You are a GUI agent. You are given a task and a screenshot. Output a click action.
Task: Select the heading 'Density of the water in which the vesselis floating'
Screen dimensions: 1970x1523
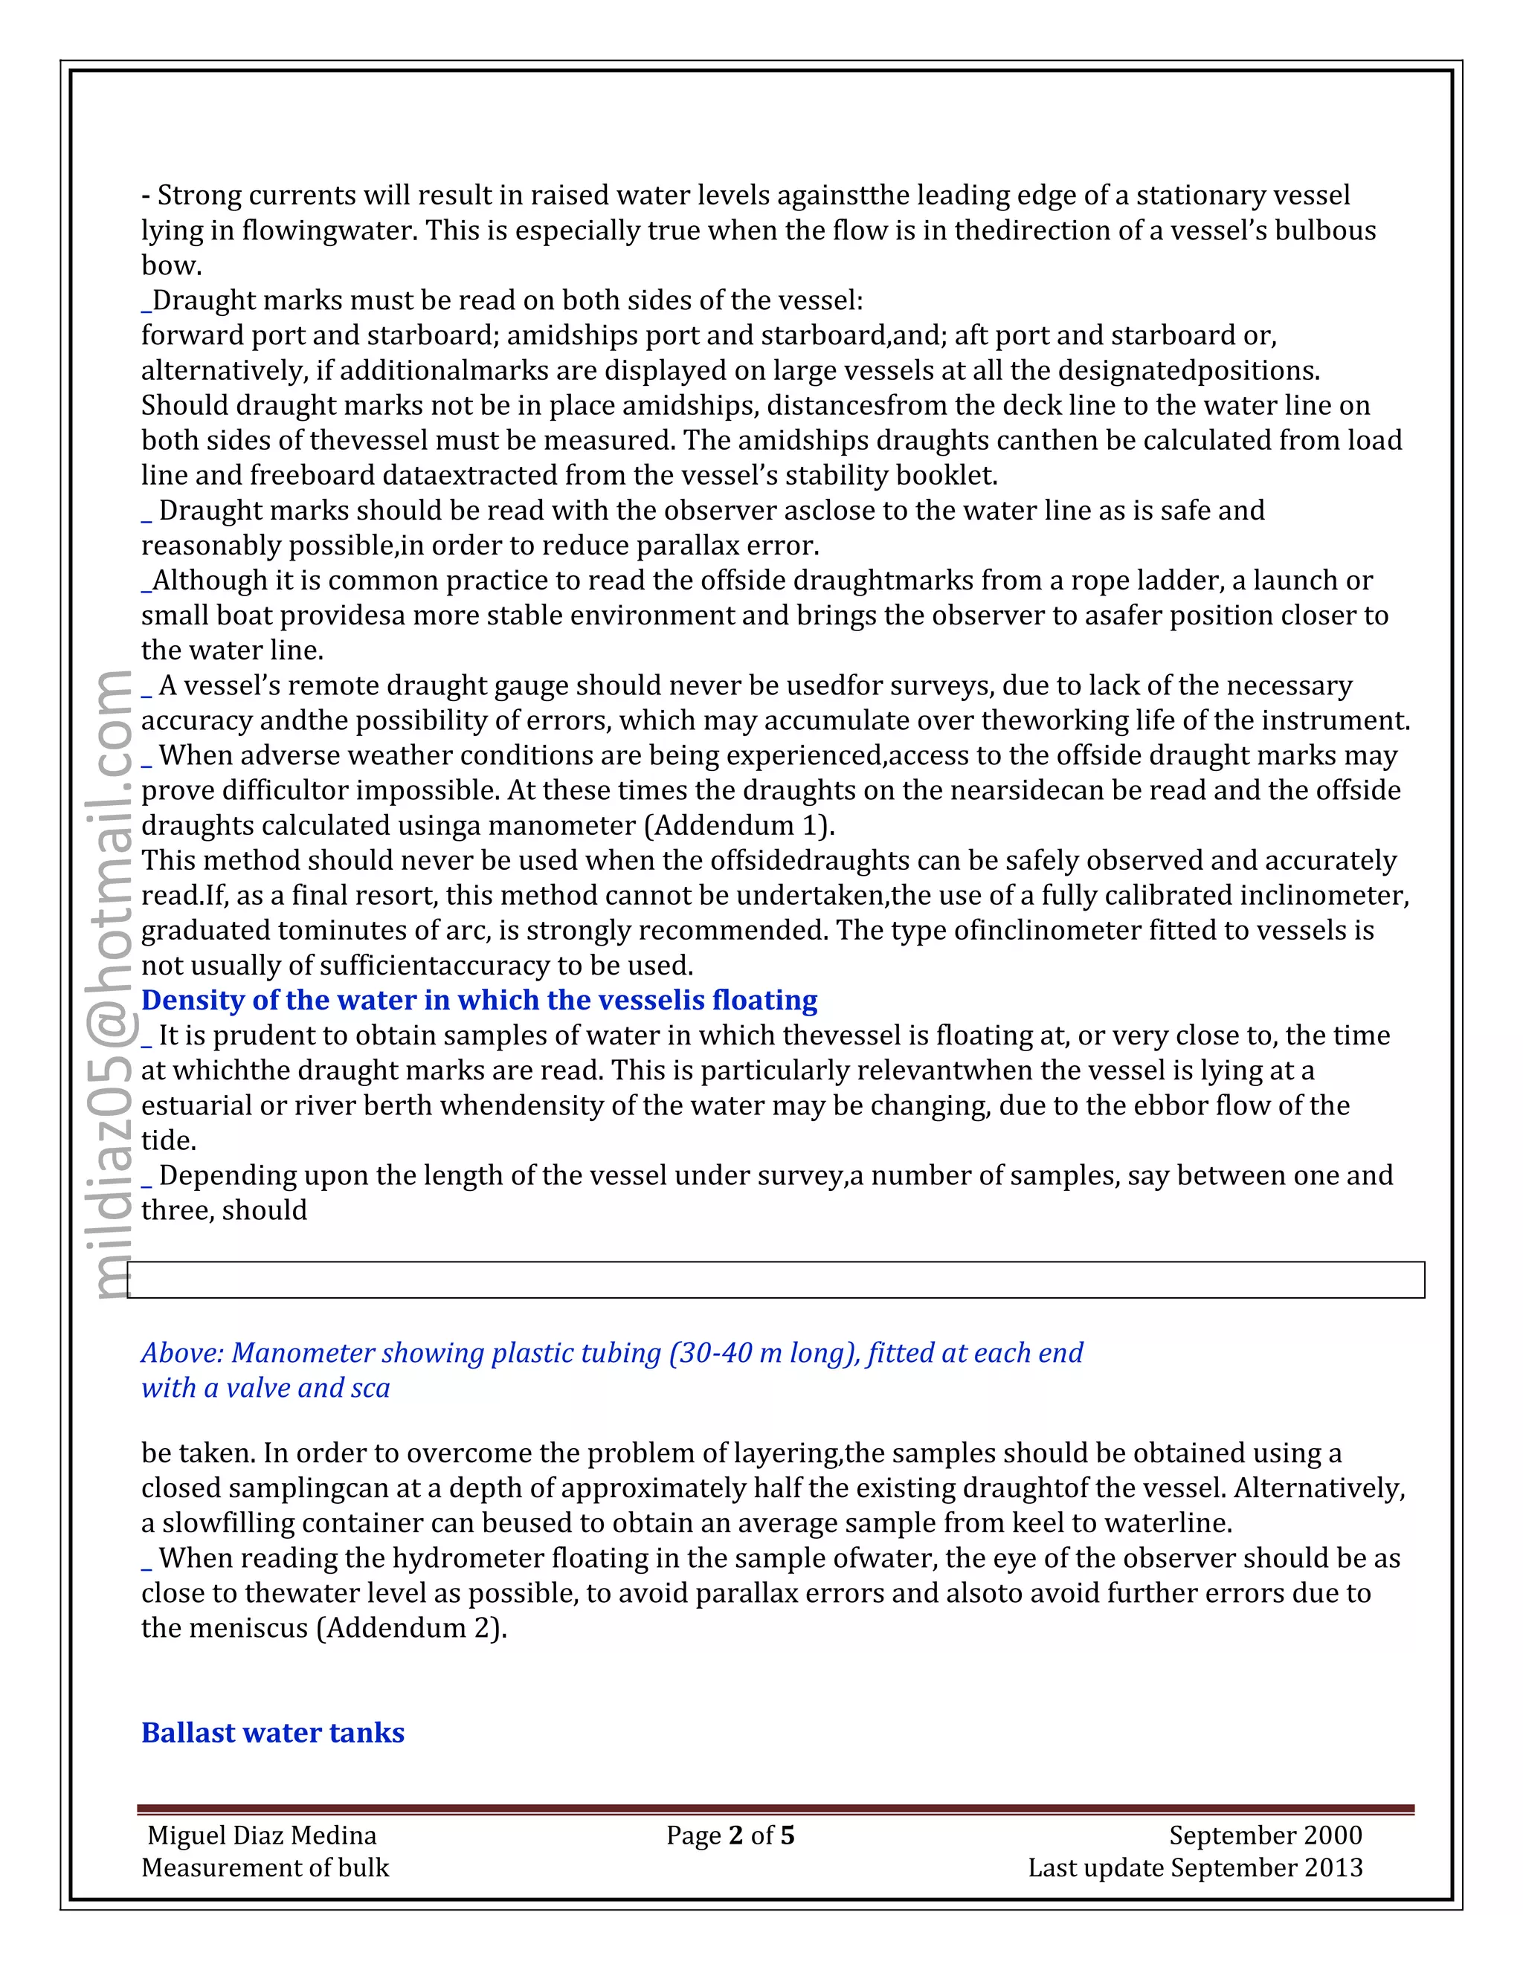coord(479,1001)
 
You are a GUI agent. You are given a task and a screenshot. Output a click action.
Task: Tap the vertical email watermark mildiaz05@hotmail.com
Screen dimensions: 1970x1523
coord(115,984)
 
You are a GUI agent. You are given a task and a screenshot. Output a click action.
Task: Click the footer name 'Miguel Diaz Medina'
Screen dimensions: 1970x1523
coord(262,1835)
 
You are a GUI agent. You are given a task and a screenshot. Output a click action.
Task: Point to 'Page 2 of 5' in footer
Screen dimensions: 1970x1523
coord(730,1835)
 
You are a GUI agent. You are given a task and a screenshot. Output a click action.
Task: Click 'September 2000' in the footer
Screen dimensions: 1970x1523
coord(1265,1835)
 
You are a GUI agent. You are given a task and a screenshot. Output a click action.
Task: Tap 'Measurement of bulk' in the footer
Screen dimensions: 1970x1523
coord(265,1867)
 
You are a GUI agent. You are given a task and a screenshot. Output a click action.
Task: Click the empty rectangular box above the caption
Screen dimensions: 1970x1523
coord(776,1280)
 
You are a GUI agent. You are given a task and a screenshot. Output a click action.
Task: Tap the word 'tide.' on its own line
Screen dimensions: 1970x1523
coord(169,1140)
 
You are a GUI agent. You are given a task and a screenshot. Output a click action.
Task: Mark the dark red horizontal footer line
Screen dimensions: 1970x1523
coord(776,1809)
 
